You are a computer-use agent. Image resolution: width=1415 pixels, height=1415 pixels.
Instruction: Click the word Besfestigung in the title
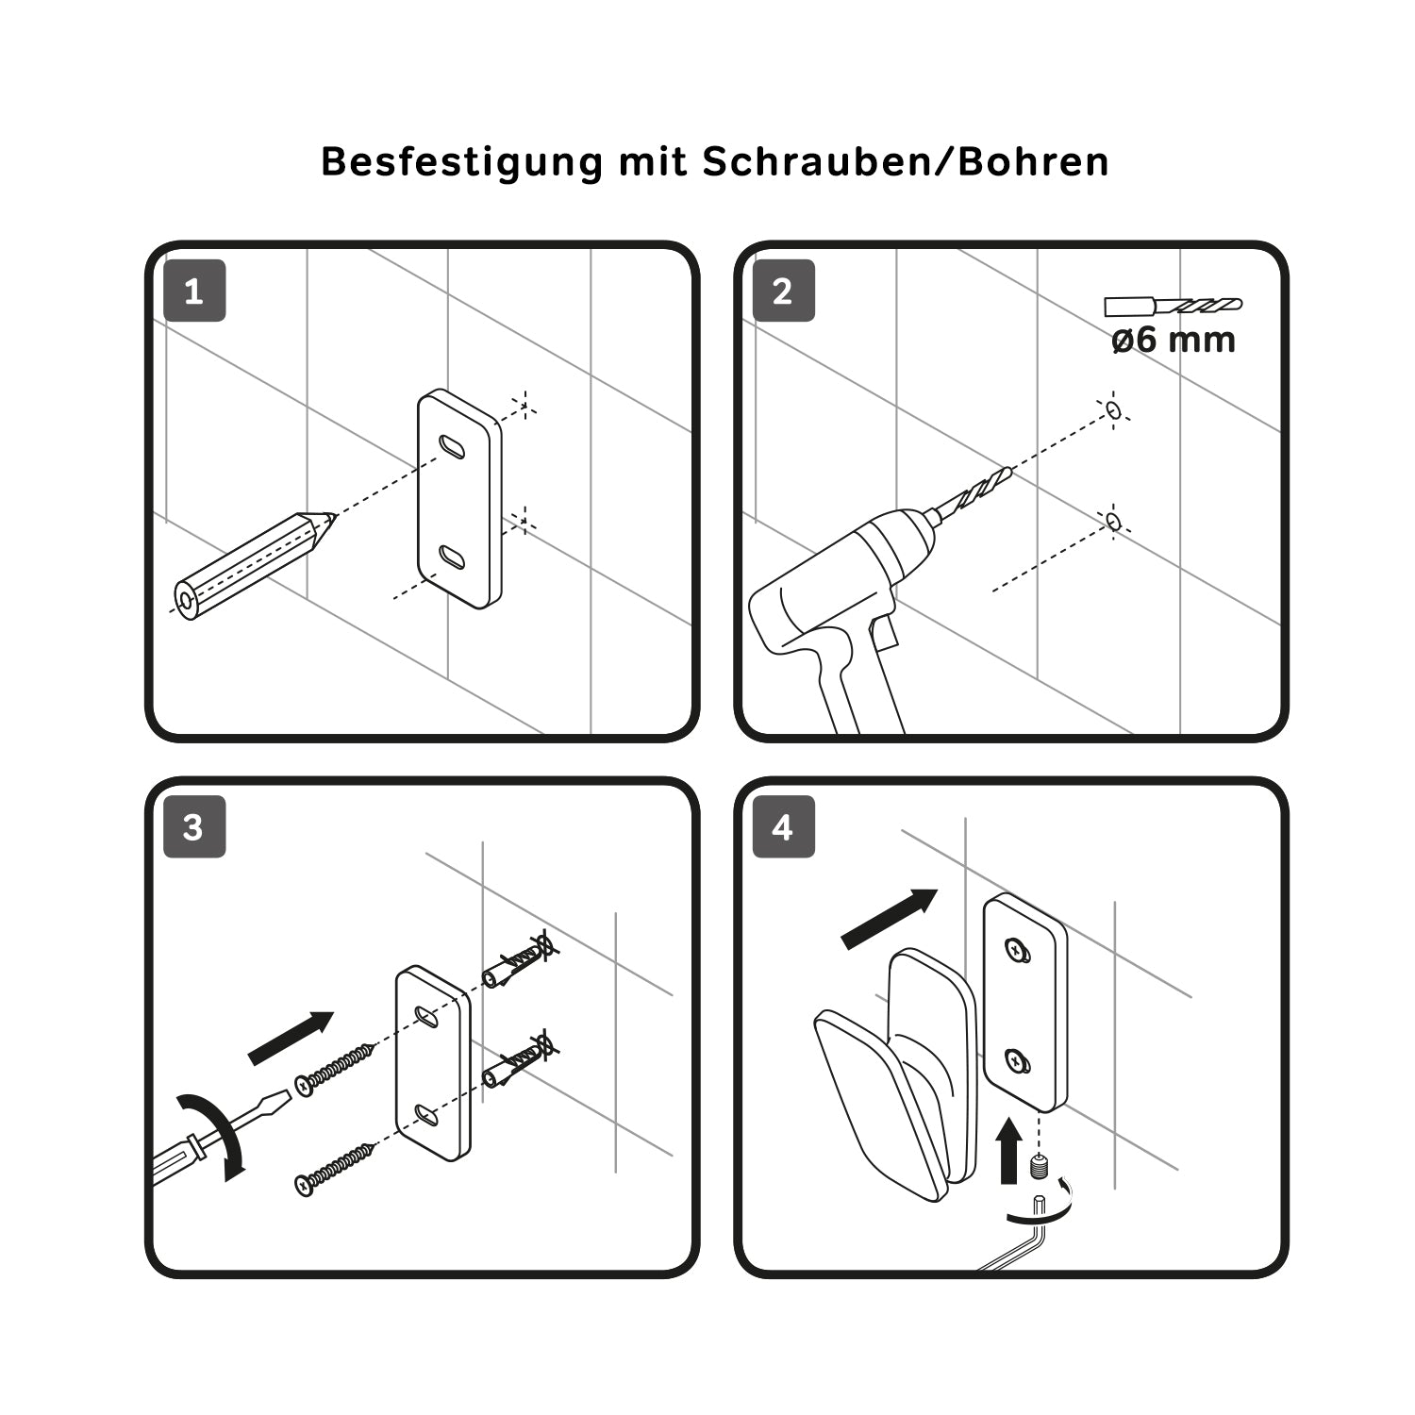(461, 162)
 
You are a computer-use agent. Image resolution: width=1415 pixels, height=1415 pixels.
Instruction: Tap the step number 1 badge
(194, 291)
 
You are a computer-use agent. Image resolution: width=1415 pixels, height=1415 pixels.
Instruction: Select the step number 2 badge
(783, 291)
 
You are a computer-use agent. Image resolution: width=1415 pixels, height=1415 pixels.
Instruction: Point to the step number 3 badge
(194, 826)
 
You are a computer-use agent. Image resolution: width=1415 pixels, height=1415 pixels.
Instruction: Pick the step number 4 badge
(783, 826)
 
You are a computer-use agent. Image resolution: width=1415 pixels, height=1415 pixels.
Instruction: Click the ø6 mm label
(1174, 339)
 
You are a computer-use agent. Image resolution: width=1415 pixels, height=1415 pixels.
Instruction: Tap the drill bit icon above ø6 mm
(1174, 306)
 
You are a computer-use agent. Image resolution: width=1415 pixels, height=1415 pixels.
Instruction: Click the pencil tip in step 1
(331, 516)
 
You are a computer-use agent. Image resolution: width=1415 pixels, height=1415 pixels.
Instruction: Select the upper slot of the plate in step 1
(452, 446)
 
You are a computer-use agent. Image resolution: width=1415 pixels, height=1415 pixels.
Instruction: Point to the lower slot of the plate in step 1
(452, 557)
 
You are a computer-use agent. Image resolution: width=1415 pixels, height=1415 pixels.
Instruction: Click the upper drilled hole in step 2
(1113, 409)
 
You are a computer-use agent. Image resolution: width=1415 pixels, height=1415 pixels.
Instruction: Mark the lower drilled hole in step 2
(1113, 521)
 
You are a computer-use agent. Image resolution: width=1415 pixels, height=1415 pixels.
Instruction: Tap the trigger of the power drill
(884, 633)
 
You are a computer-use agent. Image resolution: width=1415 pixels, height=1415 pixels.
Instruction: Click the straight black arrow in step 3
(291, 1038)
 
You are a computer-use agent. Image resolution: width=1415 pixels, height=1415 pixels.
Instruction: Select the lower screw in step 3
(335, 1168)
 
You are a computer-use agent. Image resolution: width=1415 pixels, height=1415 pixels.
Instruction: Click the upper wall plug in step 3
(517, 960)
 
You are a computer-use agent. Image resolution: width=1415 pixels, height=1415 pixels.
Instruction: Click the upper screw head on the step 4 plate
(1015, 949)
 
